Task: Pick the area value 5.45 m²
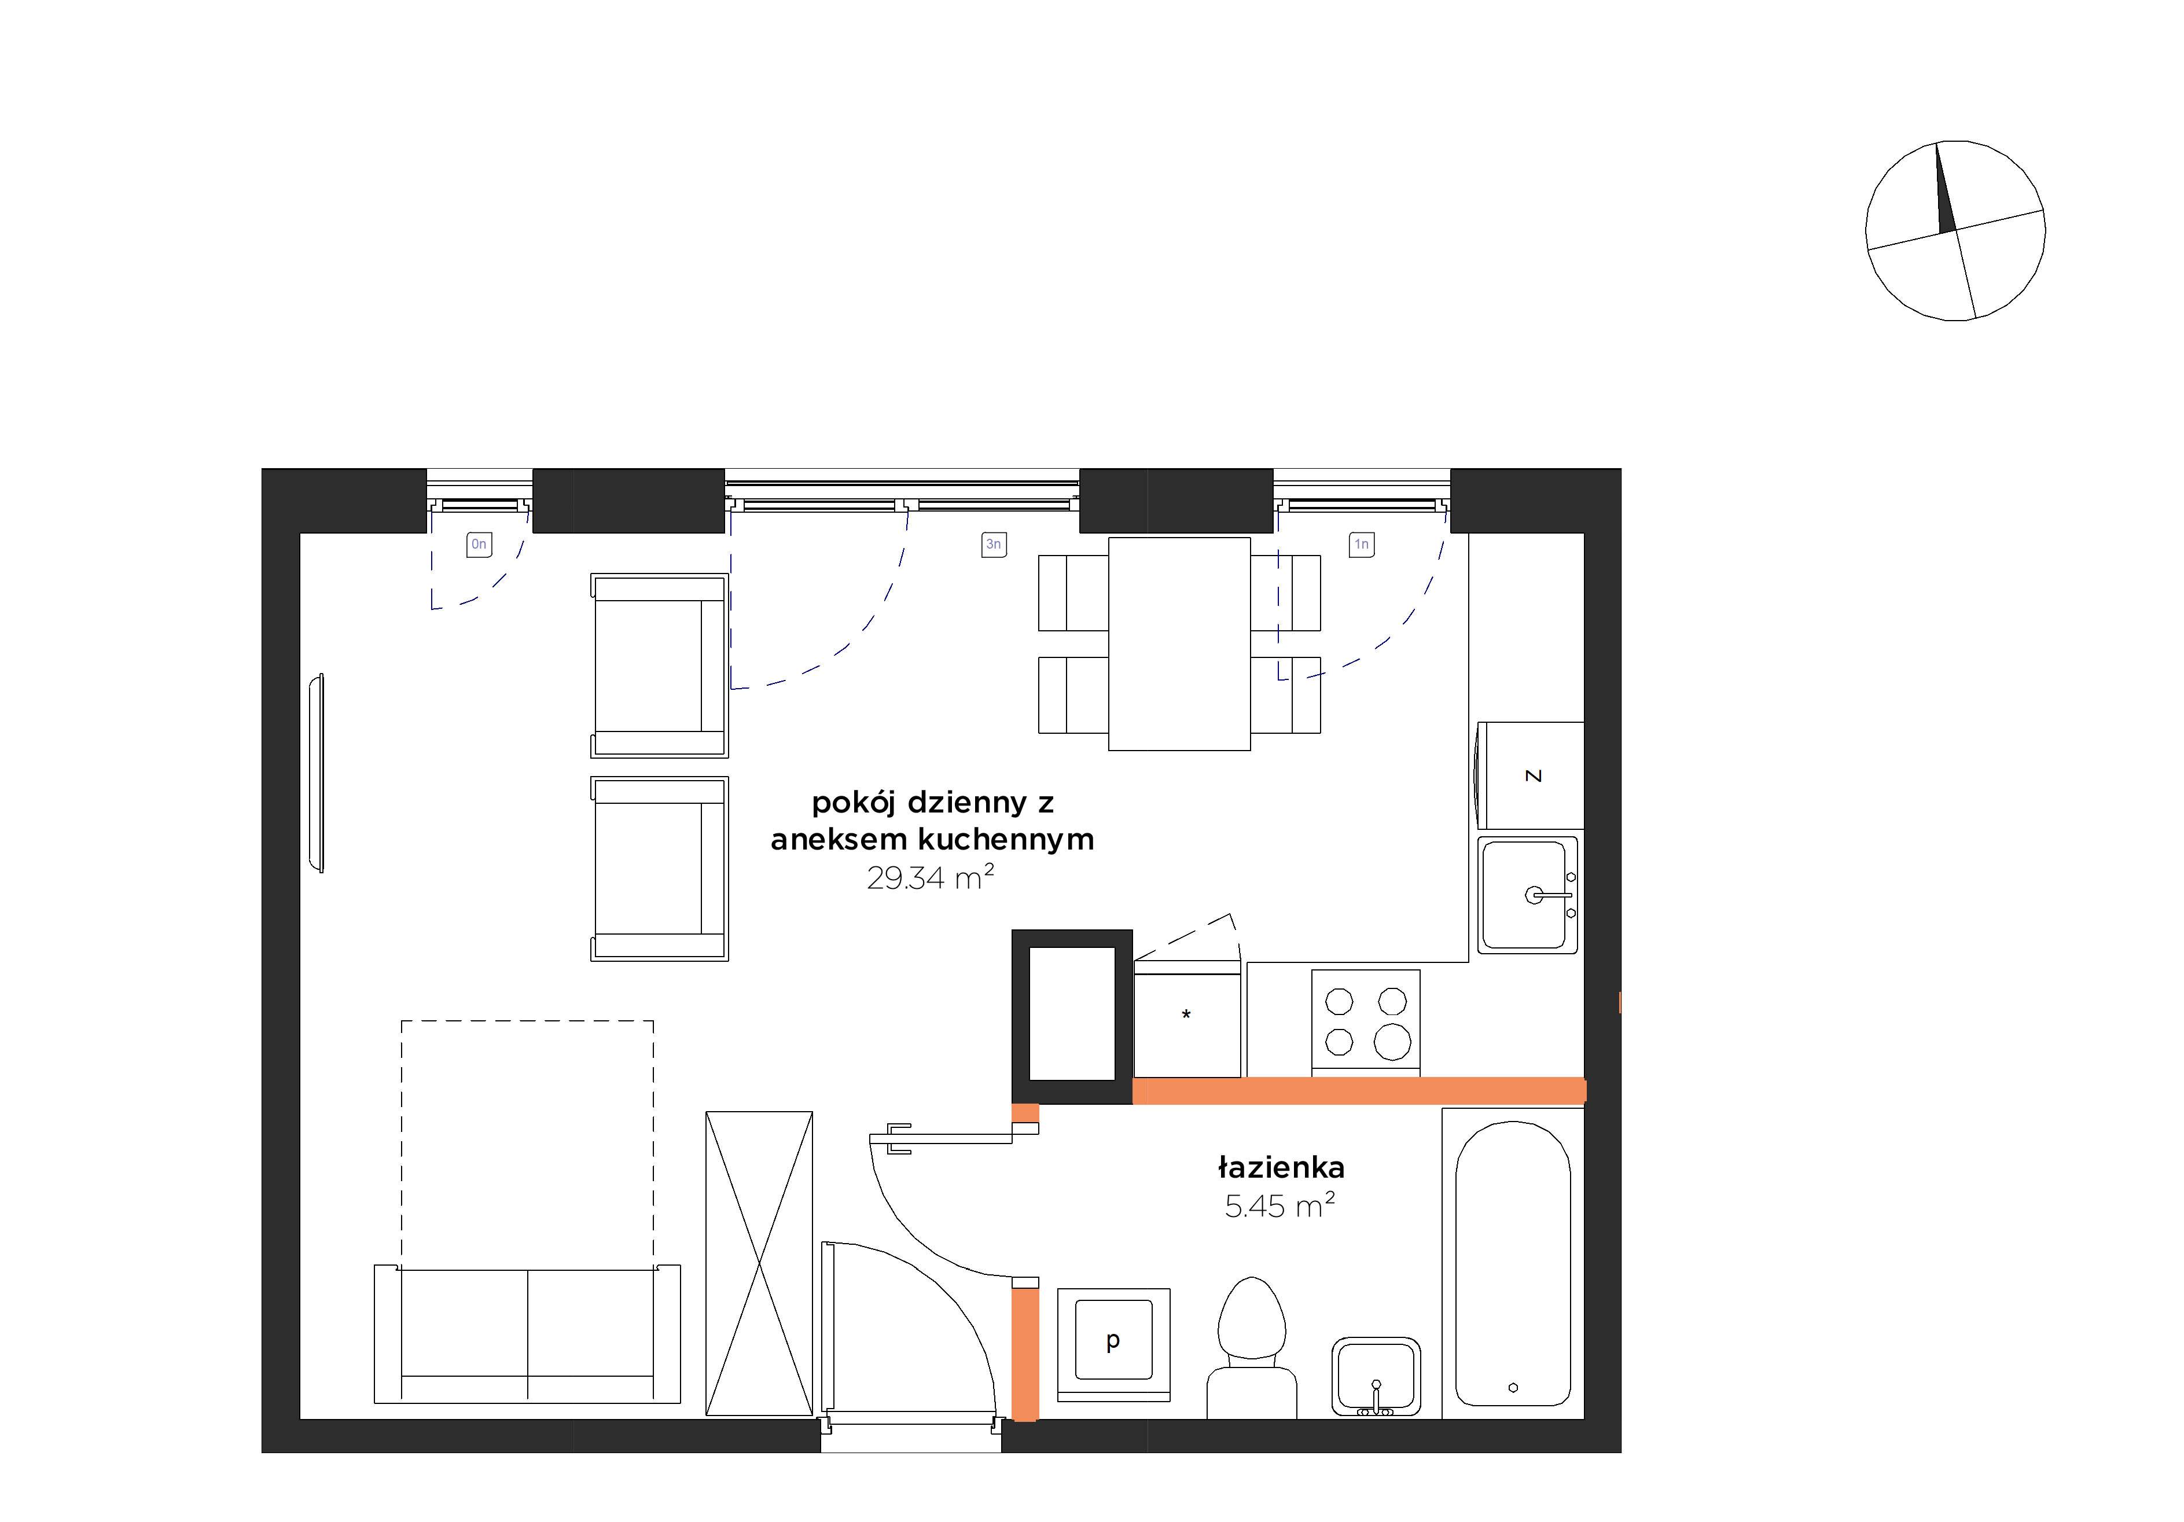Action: pyautogui.click(x=1279, y=1205)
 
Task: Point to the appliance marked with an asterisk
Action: pyautogui.click(x=1187, y=1019)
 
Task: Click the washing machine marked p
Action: pyautogui.click(x=1113, y=1344)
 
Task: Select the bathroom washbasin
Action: pyautogui.click(x=1376, y=1377)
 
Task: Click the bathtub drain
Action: pyautogui.click(x=1513, y=1388)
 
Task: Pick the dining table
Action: pyautogui.click(x=1179, y=644)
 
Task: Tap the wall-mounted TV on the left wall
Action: pyautogui.click(x=317, y=773)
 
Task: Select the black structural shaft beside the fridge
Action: pyautogui.click(x=1072, y=1017)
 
